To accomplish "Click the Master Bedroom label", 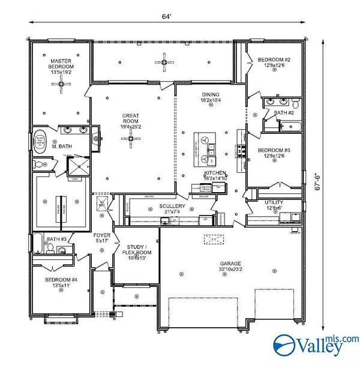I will pyautogui.click(x=61, y=61).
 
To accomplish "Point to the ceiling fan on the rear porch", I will pyautogui.click(x=163, y=60).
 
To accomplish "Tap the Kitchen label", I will pyautogui.click(x=214, y=172).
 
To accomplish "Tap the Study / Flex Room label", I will pyautogui.click(x=137, y=249).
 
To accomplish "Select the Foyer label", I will pyautogui.click(x=100, y=235).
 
